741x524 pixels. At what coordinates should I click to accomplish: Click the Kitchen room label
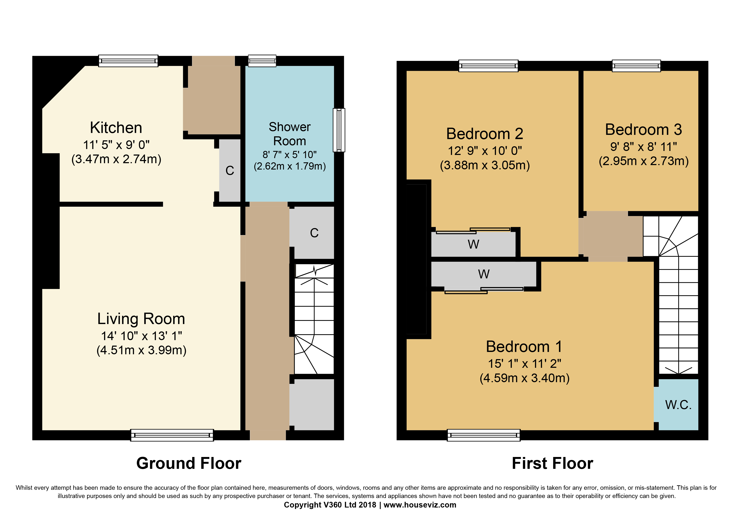point(116,127)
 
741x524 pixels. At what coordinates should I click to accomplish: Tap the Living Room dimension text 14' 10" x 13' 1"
point(141,336)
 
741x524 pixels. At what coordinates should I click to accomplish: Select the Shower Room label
point(290,134)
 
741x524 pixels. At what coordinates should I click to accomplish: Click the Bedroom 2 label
point(484,134)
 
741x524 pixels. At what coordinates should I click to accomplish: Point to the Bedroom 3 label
point(643,129)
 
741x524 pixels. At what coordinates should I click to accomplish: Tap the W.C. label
point(678,405)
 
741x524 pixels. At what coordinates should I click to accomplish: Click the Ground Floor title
point(189,463)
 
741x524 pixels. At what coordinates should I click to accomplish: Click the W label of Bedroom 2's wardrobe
point(473,244)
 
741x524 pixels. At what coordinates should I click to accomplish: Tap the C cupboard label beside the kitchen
point(230,170)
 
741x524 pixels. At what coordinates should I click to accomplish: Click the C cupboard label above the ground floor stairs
point(314,233)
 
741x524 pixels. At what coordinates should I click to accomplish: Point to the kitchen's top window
point(128,61)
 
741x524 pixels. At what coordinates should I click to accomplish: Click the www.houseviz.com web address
point(420,505)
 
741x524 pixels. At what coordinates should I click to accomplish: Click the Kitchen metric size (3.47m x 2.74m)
point(116,159)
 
